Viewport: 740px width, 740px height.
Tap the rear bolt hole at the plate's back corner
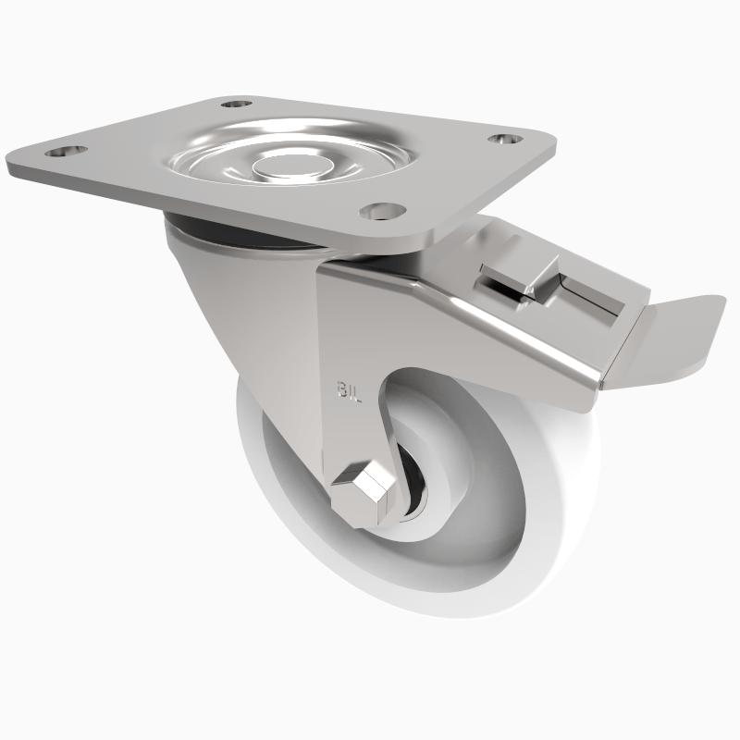(x=235, y=105)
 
